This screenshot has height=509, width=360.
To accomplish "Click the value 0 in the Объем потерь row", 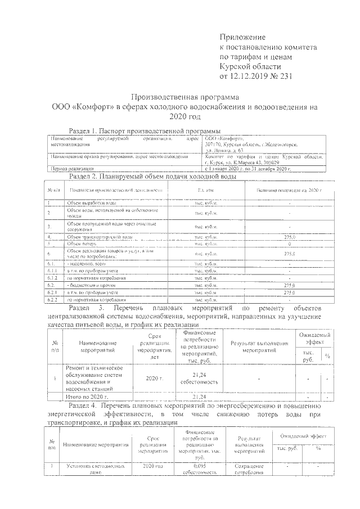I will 289,244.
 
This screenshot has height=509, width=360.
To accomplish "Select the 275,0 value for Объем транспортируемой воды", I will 289,238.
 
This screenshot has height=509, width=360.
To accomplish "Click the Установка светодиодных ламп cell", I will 90,469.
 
